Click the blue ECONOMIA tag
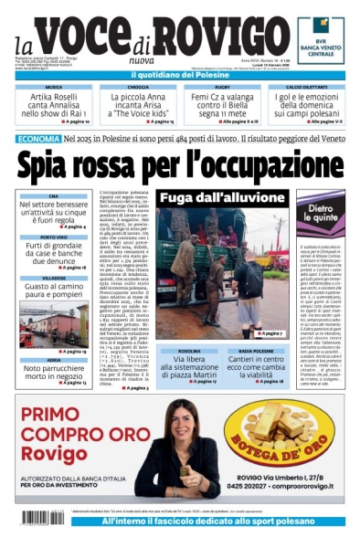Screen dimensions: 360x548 [38, 139]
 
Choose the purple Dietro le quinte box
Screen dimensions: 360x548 [319, 215]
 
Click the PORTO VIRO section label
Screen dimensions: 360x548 [53, 237]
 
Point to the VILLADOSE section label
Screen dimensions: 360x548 [53, 278]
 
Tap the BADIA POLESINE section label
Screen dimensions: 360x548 [256, 351]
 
